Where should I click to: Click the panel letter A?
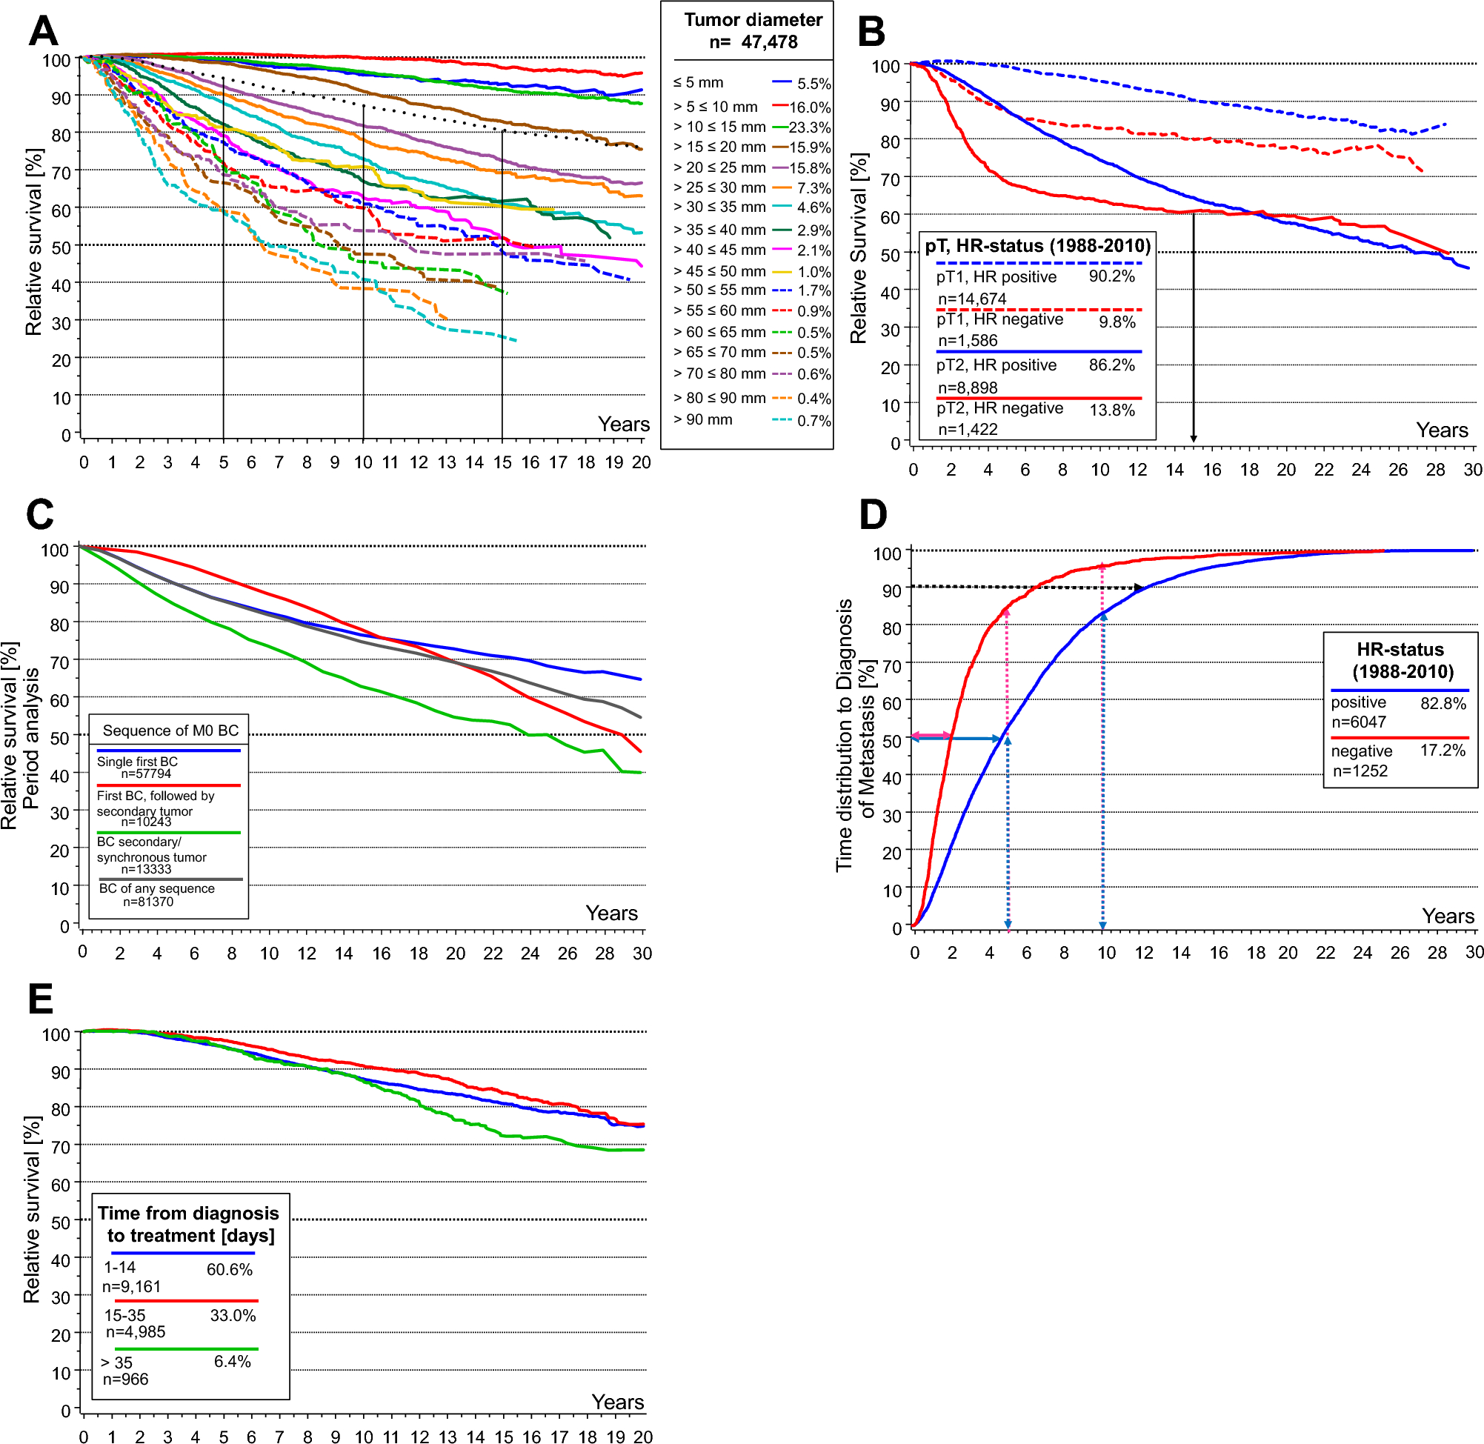click(x=43, y=32)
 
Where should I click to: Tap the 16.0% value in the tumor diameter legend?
click(x=810, y=107)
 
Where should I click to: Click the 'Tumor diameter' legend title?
click(x=752, y=21)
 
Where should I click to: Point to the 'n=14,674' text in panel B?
click(x=971, y=299)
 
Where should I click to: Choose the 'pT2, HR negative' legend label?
click(x=999, y=408)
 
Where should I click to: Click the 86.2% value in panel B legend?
click(x=1111, y=365)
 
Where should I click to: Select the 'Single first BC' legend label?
click(x=137, y=762)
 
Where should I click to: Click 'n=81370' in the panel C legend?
click(x=148, y=902)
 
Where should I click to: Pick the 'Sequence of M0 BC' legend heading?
click(x=170, y=731)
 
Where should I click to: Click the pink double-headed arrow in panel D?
click(x=931, y=736)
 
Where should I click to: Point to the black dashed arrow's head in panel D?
click(x=1139, y=588)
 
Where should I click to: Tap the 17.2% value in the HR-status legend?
click(x=1443, y=750)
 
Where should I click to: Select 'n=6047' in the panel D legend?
click(x=1358, y=722)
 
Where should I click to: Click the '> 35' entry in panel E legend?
click(x=117, y=1362)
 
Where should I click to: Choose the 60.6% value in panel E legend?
click(x=229, y=1270)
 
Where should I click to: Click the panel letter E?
click(x=40, y=999)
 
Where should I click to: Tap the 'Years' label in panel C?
click(x=611, y=913)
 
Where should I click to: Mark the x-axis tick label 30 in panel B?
click(x=1472, y=470)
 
